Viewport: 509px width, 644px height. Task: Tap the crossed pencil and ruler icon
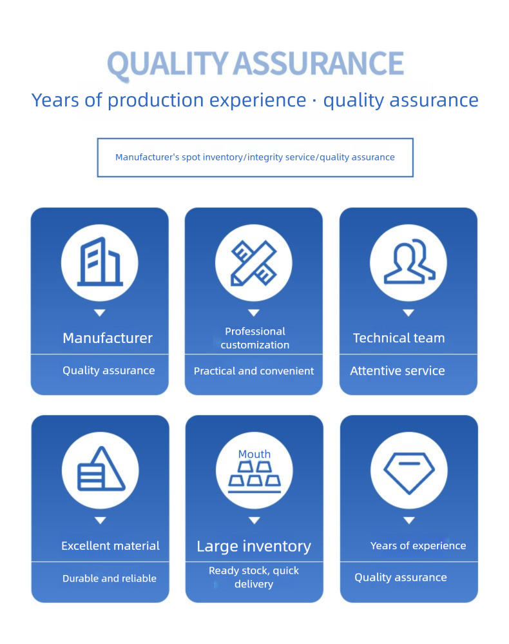(254, 263)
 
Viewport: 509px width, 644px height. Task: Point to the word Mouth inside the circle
(254, 454)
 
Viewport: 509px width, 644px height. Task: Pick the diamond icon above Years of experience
(409, 473)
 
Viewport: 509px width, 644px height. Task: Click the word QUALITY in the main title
(168, 64)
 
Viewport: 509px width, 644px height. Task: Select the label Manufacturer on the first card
(108, 338)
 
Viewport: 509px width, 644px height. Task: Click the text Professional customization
(255, 338)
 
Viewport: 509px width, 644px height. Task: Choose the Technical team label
(399, 338)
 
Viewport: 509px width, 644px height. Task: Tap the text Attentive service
(398, 371)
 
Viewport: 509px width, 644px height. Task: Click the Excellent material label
(110, 546)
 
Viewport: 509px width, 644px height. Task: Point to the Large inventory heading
(254, 547)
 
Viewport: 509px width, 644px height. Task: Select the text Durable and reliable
(109, 578)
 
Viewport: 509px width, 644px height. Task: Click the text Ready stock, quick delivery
(254, 577)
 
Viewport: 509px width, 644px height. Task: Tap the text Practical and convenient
(254, 371)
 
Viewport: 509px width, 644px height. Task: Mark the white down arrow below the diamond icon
(409, 520)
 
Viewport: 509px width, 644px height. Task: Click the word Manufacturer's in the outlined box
(148, 157)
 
